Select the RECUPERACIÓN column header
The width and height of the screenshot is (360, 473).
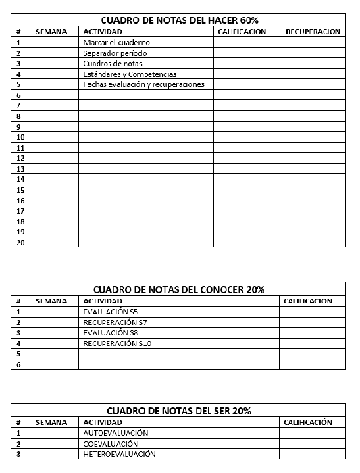pos(313,32)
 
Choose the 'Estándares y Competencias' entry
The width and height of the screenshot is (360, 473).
pos(130,74)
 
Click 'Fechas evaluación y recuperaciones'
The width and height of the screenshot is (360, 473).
pos(144,84)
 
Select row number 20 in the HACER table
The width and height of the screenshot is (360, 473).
pos(20,242)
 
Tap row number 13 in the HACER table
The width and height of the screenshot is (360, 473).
pos(20,168)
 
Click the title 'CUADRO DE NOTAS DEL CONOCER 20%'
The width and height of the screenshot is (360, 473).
pos(178,289)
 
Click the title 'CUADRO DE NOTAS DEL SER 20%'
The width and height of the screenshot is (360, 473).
pos(178,411)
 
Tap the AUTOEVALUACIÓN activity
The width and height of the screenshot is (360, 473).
pos(115,433)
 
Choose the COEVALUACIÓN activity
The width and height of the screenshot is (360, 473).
pos(111,444)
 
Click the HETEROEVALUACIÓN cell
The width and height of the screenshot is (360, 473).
pos(120,454)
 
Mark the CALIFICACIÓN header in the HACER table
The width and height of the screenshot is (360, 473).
pos(242,32)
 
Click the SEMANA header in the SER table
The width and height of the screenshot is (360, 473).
pos(51,422)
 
